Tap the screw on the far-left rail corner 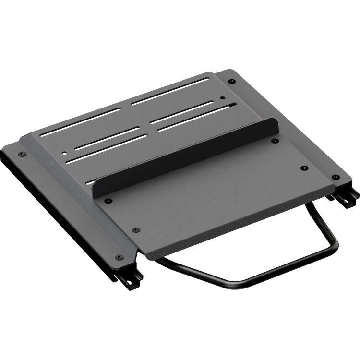click(x=21, y=154)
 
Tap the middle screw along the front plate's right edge click(x=303, y=168)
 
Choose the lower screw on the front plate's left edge click(x=135, y=229)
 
